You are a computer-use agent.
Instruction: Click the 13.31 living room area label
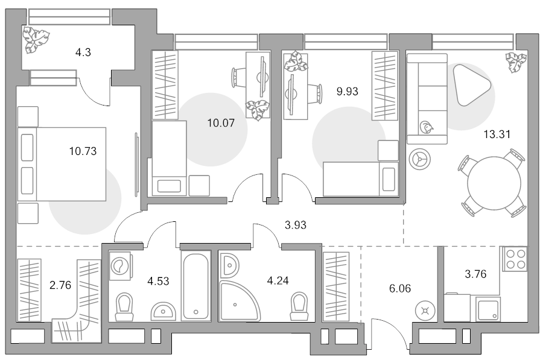click(x=497, y=134)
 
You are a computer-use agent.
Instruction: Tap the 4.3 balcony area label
click(x=83, y=52)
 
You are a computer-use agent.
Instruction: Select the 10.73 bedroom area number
click(x=83, y=151)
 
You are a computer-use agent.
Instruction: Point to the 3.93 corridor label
click(x=296, y=225)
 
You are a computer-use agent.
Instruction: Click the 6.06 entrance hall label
click(x=400, y=288)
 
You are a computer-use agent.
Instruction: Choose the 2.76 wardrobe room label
click(x=60, y=285)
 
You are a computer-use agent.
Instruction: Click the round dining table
click(x=494, y=183)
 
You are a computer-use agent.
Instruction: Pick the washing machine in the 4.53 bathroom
click(x=121, y=266)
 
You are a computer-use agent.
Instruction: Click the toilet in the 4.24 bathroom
click(x=299, y=307)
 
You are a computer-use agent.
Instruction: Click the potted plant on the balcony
click(x=36, y=40)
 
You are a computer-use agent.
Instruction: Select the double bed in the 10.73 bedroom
click(x=62, y=164)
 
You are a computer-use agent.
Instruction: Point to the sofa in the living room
click(x=427, y=99)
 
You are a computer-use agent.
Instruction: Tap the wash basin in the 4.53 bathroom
click(x=163, y=312)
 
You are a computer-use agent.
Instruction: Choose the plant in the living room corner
click(x=516, y=62)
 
